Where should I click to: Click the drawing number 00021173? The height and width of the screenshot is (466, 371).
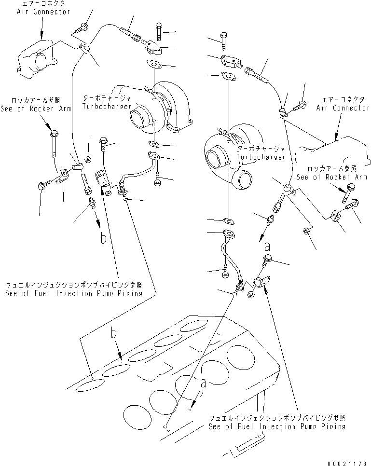347,463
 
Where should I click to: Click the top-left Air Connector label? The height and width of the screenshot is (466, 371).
43,12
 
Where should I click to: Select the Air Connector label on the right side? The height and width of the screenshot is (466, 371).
343,108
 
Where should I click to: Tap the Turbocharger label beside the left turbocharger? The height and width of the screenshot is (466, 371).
107,106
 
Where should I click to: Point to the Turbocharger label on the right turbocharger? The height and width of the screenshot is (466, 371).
261,157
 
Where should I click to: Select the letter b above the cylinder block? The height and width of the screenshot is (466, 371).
113,333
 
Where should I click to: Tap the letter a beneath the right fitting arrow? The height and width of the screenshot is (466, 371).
267,247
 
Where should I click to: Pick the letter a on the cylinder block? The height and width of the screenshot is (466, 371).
203,384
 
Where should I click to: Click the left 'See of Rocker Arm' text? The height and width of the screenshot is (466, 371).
36,109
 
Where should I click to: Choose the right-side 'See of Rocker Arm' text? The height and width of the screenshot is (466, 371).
331,177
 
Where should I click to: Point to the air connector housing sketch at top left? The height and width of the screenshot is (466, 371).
37,59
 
